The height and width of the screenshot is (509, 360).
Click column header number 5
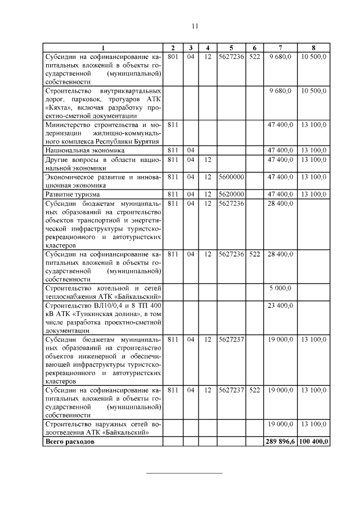point(231,48)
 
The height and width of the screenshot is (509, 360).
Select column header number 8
point(313,48)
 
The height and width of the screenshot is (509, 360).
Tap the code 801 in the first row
point(173,57)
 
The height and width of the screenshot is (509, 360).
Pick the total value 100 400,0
point(313,442)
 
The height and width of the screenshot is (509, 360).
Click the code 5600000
point(231,177)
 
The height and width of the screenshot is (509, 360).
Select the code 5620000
point(231,194)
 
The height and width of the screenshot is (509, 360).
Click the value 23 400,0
point(280,306)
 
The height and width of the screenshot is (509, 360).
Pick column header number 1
point(103,48)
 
